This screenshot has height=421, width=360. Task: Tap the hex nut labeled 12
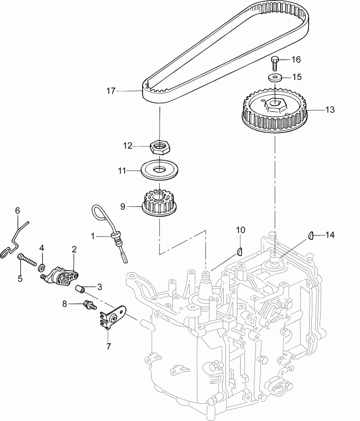(x=159, y=146)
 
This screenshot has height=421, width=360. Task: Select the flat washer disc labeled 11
(x=159, y=169)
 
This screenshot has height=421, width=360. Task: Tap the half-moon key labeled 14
(x=309, y=236)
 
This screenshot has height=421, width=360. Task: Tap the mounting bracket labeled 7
(x=113, y=315)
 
